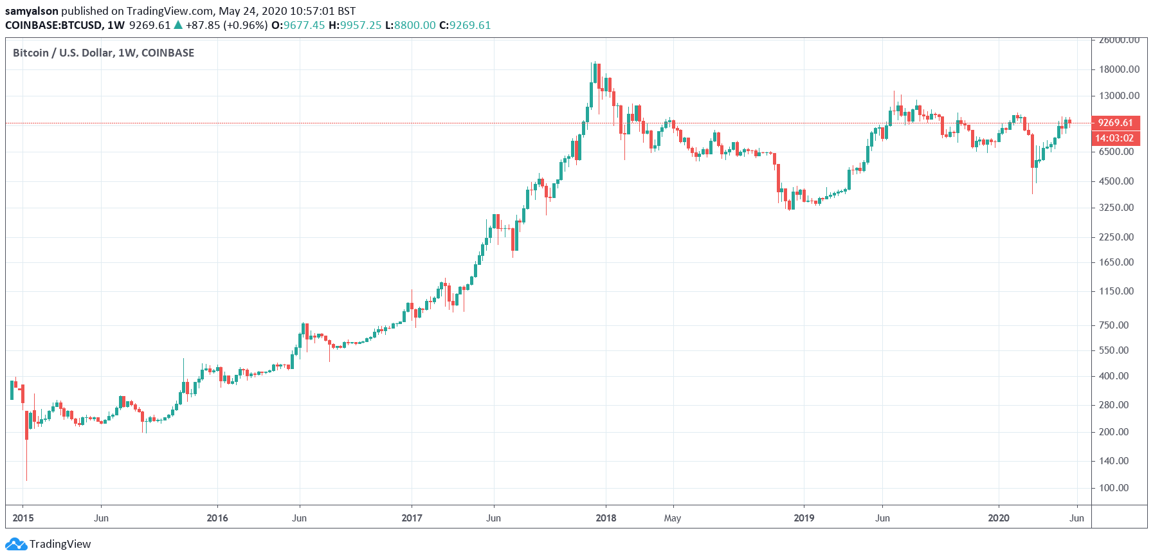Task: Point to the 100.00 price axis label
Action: tap(1114, 488)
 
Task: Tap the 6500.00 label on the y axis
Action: tap(1116, 152)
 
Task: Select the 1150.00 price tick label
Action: tap(1116, 291)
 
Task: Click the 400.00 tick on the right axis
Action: tap(1114, 376)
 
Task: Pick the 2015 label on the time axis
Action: tap(23, 518)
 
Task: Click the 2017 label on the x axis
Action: tap(412, 518)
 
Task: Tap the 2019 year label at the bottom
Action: tap(804, 518)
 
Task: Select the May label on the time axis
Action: tap(673, 518)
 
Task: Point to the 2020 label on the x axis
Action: tap(999, 518)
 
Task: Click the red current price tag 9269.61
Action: tap(1116, 123)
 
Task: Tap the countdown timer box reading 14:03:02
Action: tap(1116, 138)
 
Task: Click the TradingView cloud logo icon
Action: tap(16, 545)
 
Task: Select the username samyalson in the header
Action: tap(32, 11)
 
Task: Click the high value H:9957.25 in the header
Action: tap(355, 26)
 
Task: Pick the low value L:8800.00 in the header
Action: tap(410, 26)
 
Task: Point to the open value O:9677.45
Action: tap(298, 26)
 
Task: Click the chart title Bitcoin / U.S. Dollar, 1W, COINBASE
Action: tap(104, 53)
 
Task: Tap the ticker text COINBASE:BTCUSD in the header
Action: tap(53, 26)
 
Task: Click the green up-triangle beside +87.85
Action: tap(178, 25)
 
